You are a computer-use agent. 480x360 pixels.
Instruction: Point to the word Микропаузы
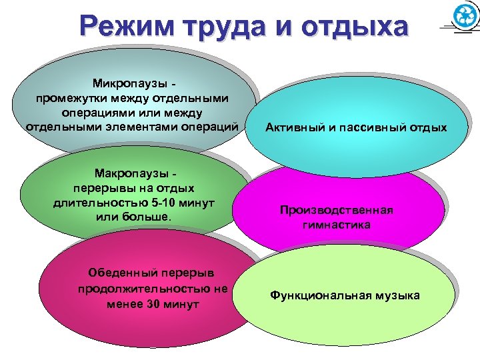tap(131, 85)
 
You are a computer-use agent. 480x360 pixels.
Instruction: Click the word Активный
tap(295, 127)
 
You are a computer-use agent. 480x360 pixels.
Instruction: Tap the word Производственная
tap(337, 211)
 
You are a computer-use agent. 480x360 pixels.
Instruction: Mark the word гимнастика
tap(337, 225)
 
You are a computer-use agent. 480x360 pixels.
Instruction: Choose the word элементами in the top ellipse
tap(131, 126)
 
